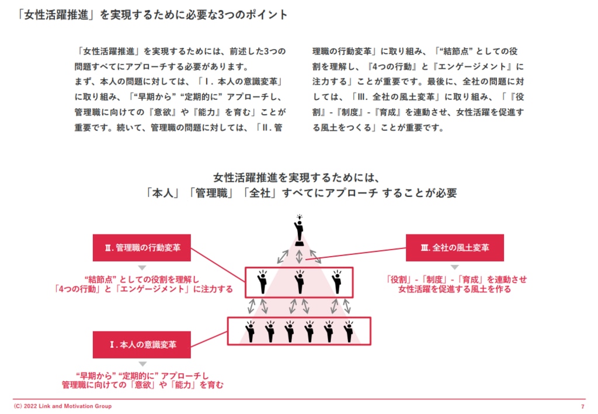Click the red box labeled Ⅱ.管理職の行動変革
142,247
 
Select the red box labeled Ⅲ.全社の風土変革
455,247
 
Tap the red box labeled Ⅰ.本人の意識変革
142,344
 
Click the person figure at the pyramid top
299,230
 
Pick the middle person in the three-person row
299,282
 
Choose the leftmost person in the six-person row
251,332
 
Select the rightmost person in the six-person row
349,332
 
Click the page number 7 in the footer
582,406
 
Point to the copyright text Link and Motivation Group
62,406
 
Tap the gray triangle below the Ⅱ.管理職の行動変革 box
142,267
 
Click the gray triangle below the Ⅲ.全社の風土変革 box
455,267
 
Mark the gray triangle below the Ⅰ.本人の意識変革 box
142,364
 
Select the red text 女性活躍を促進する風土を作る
455,289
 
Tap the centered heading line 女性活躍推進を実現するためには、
298,177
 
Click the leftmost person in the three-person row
262,282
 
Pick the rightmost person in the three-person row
336,282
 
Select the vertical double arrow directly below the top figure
299,255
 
